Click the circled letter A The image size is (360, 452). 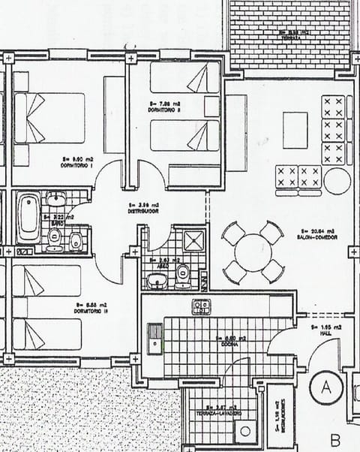point(327,387)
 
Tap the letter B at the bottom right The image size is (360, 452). point(335,438)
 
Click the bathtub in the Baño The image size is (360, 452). point(29,218)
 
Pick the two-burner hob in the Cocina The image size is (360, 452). point(201,306)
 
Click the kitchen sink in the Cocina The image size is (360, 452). point(154,338)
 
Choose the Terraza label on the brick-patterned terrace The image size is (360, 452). point(292,35)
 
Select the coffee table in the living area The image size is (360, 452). point(295,129)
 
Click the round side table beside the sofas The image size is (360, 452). point(337,180)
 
